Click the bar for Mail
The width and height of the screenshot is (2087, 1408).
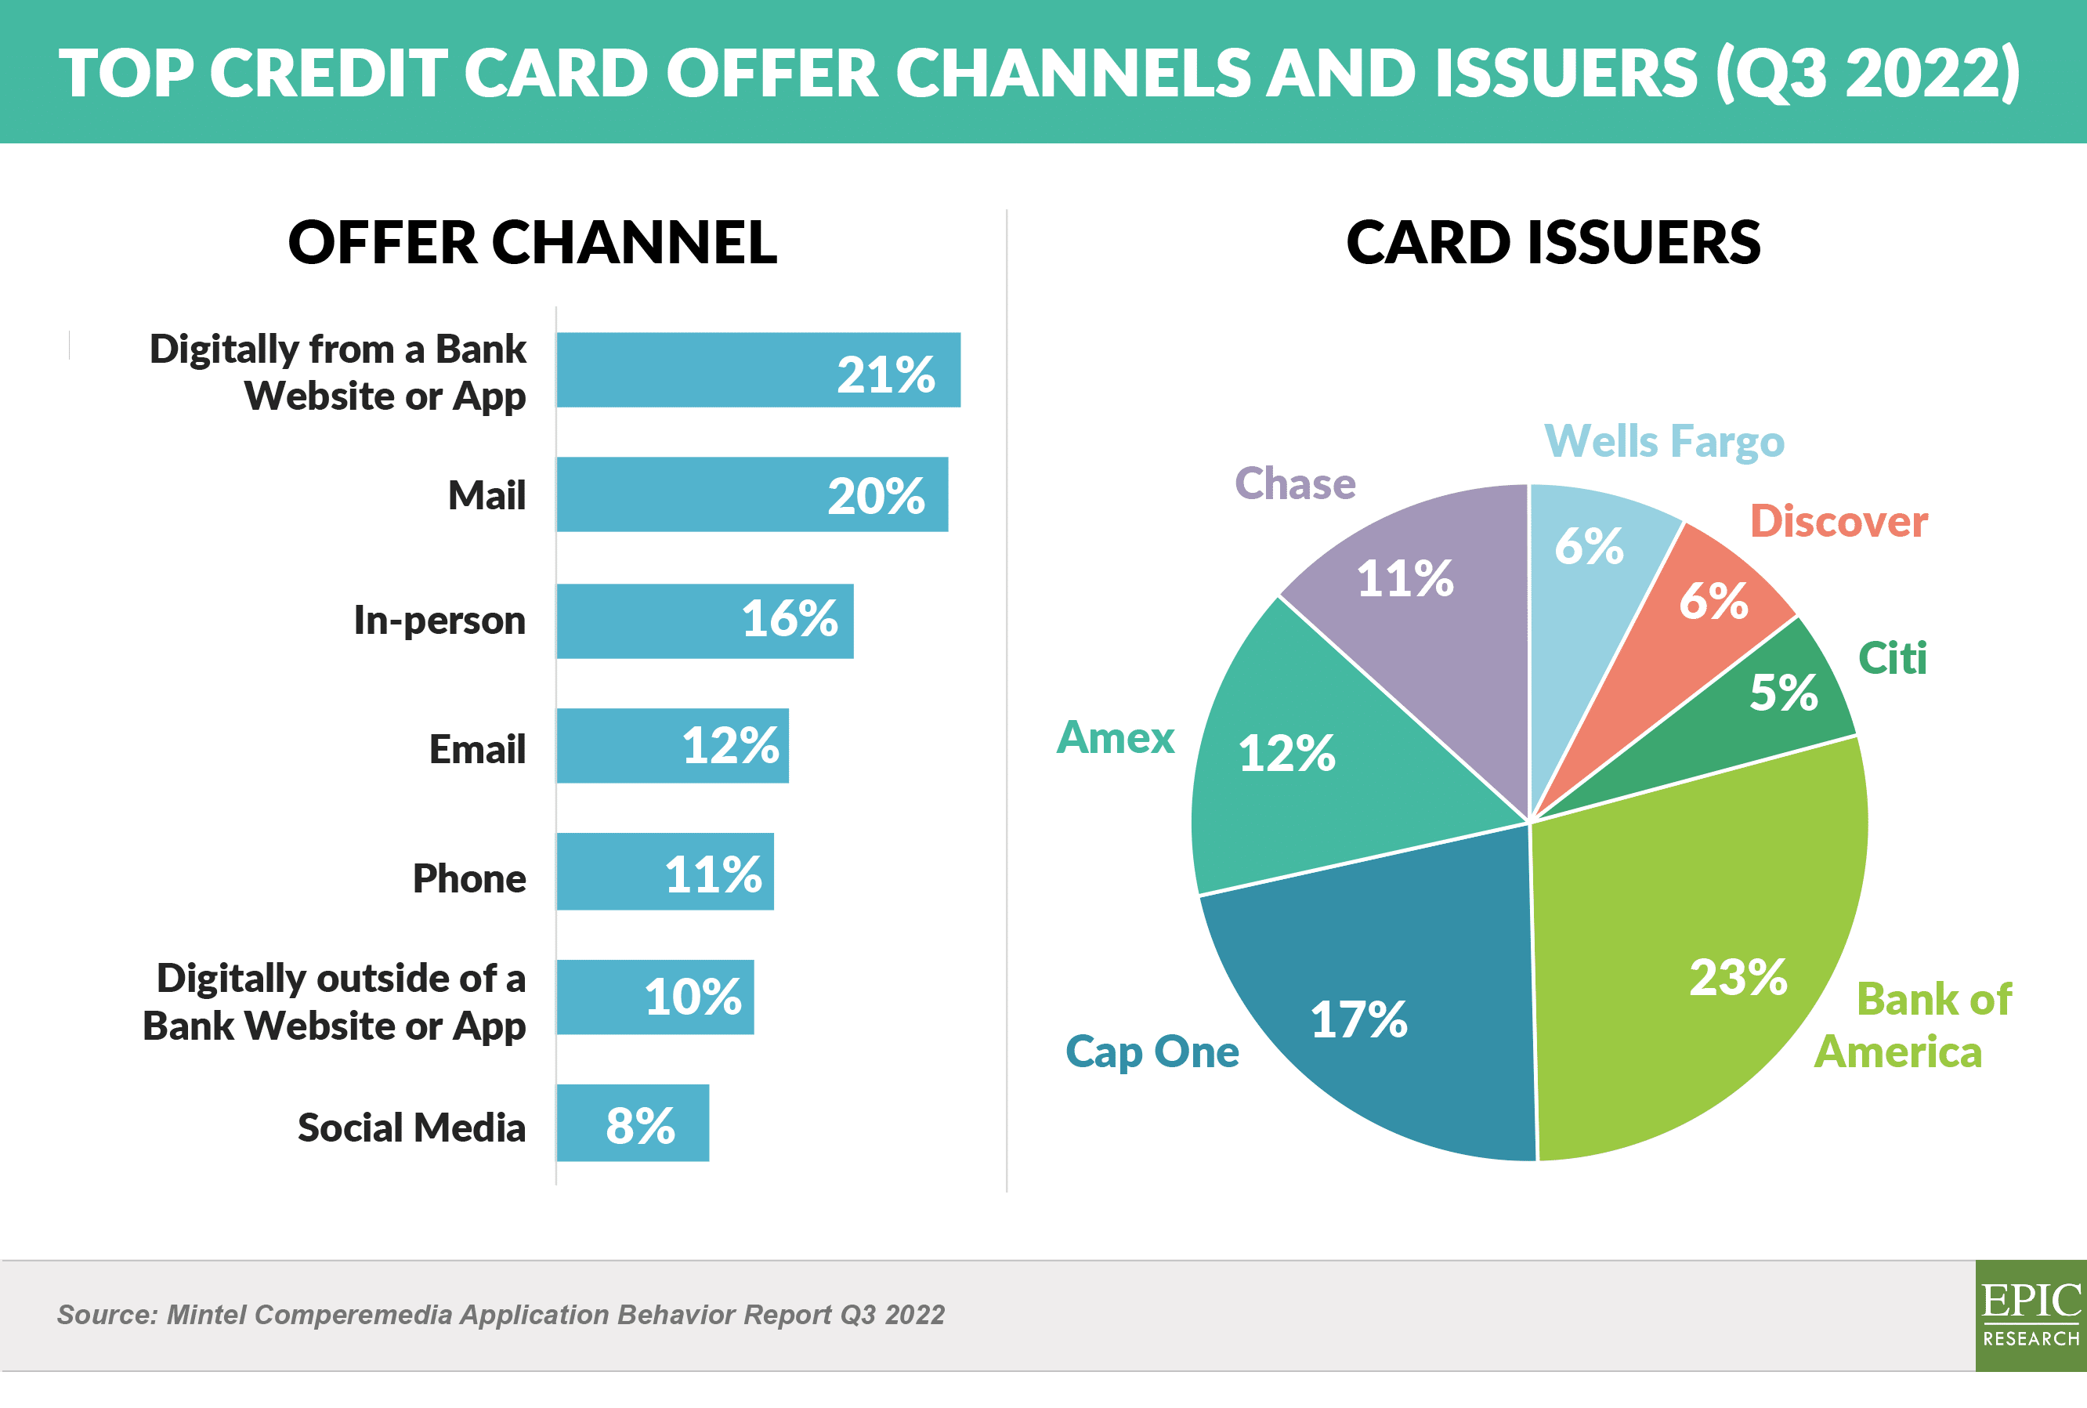click(752, 494)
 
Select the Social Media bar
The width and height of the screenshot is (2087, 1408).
click(633, 1123)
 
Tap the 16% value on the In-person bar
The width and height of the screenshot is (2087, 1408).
click(790, 619)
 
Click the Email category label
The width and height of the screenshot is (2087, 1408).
click(478, 749)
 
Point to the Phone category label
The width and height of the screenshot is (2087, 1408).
click(469, 878)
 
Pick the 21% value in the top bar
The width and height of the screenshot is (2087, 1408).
click(886, 375)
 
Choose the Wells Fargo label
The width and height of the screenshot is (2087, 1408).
click(1664, 443)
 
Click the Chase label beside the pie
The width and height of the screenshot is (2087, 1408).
click(1295, 483)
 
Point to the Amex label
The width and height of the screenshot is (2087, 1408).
click(1116, 737)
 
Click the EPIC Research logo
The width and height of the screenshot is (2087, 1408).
click(2031, 1315)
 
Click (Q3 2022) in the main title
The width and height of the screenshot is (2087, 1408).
click(1868, 73)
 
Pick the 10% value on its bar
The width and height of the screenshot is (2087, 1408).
click(693, 997)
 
